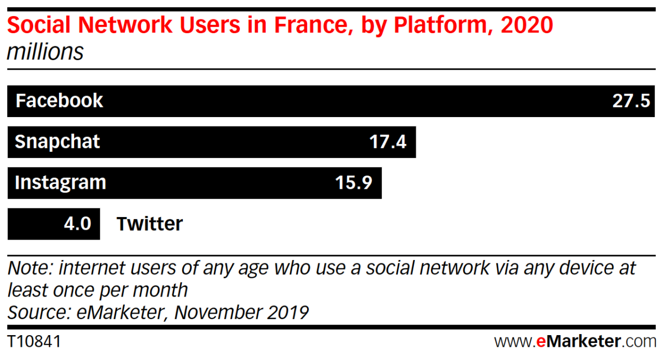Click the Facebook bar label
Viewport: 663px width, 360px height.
coord(59,100)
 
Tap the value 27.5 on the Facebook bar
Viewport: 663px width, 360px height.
coord(630,101)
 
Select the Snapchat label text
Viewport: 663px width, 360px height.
coord(57,142)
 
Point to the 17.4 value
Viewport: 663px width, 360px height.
coord(387,142)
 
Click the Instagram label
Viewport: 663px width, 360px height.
coord(60,183)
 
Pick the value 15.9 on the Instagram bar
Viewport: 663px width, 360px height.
coord(354,183)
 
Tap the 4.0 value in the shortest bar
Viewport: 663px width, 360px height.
coord(76,224)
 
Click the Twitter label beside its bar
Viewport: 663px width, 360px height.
coord(149,224)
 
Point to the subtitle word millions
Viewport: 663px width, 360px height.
coord(45,52)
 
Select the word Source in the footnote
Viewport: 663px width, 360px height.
coord(36,313)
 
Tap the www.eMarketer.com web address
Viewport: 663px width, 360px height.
coord(575,341)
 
